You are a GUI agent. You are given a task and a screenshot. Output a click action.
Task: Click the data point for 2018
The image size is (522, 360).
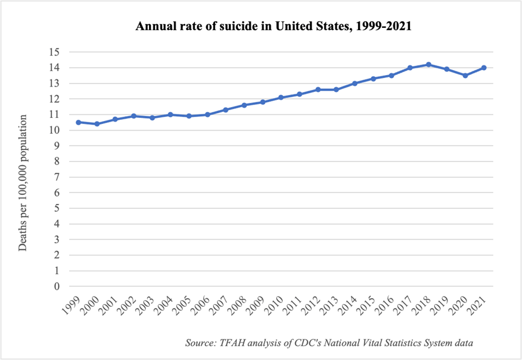pyautogui.click(x=429, y=64)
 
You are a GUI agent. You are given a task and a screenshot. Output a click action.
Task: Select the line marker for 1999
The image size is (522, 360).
pyautogui.click(x=78, y=122)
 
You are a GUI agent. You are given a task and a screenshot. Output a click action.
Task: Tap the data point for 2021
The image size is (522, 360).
pyautogui.click(x=484, y=68)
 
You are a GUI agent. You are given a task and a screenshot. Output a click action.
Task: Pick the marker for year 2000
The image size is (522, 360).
pyautogui.click(x=97, y=124)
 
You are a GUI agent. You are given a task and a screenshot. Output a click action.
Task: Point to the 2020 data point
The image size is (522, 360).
pyautogui.click(x=465, y=76)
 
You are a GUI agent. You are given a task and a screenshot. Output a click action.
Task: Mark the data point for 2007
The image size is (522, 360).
pyautogui.click(x=226, y=110)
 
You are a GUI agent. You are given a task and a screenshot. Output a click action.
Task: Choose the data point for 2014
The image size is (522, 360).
pyautogui.click(x=355, y=83)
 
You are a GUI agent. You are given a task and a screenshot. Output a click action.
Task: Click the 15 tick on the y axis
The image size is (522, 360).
pyautogui.click(x=56, y=52)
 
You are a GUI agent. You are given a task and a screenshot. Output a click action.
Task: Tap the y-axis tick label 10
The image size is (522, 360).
pyautogui.click(x=56, y=130)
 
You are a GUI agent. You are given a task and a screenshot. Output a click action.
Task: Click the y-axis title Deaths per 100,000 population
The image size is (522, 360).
pyautogui.click(x=23, y=182)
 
